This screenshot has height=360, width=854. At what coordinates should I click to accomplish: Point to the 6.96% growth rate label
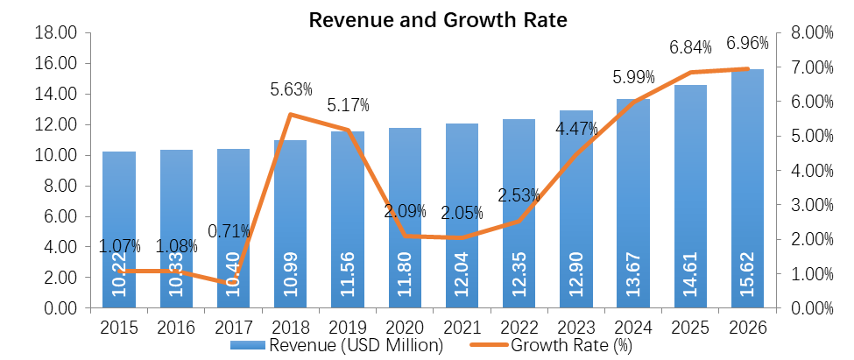(747, 42)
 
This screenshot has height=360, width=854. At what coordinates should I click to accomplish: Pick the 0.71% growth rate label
(229, 232)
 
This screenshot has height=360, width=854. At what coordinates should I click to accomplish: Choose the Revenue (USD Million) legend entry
(337, 345)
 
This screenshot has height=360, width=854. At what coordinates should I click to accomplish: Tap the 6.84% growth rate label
(690, 46)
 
